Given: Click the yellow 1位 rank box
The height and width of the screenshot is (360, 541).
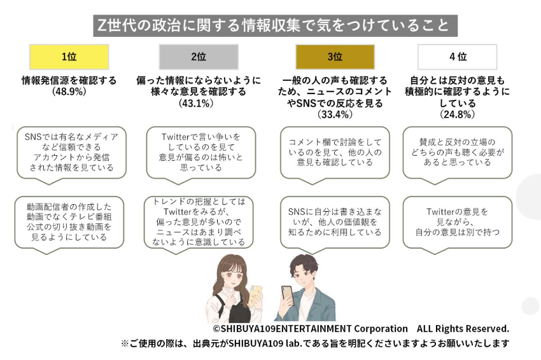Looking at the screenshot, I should coord(69,57).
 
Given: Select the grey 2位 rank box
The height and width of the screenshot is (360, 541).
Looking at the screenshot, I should coord(198,57).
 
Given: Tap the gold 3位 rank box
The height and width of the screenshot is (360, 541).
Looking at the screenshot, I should coord(335,57).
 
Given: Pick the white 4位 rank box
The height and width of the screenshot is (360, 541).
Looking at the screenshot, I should coord(457,57).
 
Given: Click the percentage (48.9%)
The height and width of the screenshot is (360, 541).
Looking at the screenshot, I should coord(69,92).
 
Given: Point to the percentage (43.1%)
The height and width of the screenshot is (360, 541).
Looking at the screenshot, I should coord(198,102).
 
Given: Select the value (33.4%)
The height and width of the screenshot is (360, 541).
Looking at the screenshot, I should coord(334,114).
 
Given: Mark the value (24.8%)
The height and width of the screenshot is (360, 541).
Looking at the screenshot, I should coord(457,114).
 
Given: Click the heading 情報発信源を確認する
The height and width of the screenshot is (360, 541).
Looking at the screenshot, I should coord(69,81).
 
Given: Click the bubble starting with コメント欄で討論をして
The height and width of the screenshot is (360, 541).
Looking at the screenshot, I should coord(335,152).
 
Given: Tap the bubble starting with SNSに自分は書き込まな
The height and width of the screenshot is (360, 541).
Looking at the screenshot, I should coord(335,221).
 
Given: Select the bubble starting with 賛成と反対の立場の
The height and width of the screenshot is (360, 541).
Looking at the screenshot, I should coord(456,152).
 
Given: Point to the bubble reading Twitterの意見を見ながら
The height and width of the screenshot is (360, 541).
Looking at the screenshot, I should coord(456,221).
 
